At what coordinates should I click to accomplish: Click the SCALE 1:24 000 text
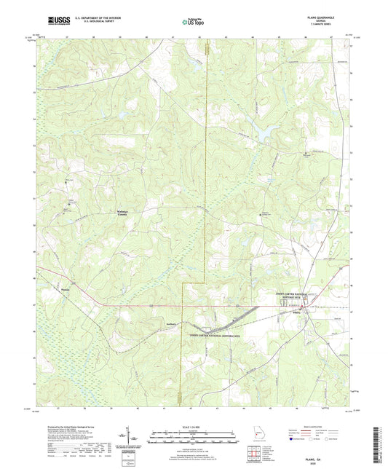point(194,426)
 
